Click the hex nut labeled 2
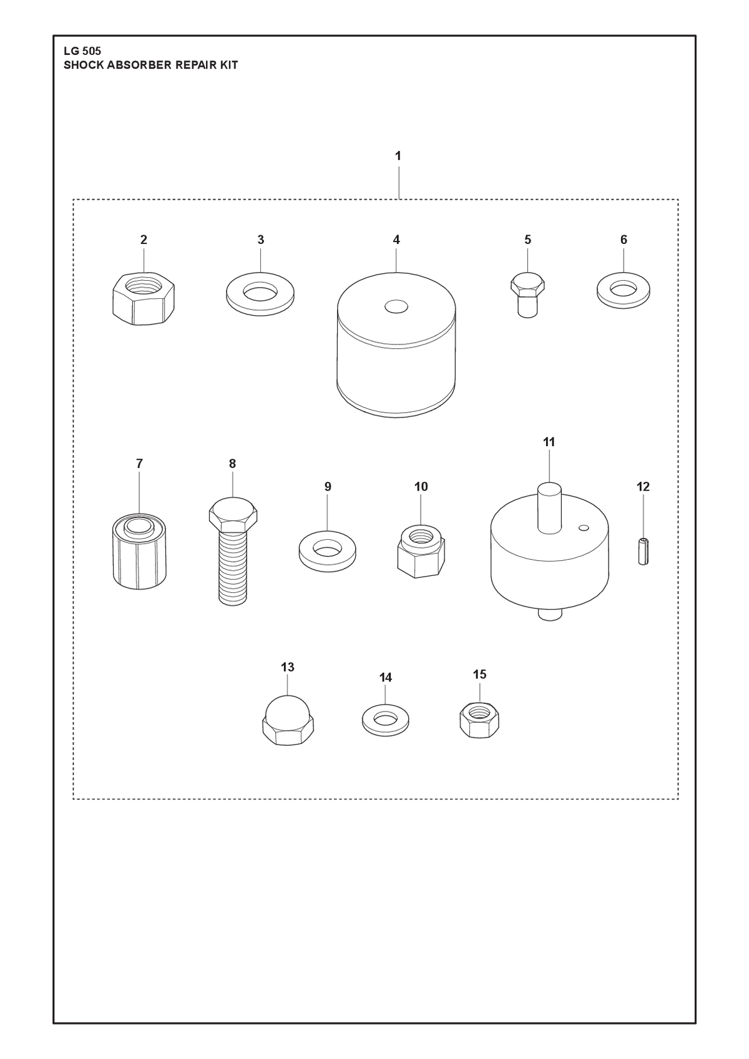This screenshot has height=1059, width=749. (144, 298)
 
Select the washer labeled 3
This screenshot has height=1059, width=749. (260, 293)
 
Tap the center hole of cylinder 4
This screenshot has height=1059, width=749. (396, 306)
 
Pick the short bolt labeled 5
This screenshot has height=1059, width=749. (527, 295)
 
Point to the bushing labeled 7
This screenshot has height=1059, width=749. (139, 551)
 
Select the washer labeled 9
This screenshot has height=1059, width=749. (328, 551)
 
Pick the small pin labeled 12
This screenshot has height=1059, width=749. (643, 551)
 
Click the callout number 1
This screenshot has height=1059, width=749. (398, 155)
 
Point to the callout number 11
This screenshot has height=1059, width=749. (549, 442)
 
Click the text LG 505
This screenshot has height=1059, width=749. (82, 51)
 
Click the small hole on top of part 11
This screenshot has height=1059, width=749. (584, 527)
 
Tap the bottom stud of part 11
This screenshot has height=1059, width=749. (550, 614)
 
